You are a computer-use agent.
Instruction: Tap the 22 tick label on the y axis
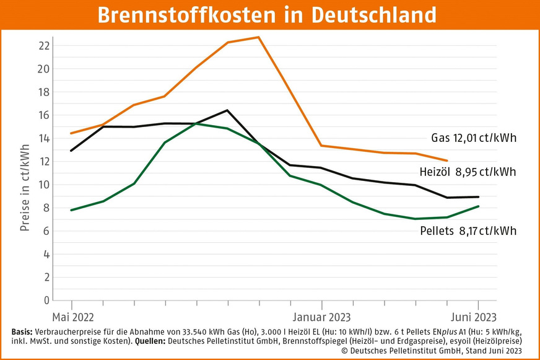[x=44, y=45]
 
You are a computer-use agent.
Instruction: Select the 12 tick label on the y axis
[x=44, y=161]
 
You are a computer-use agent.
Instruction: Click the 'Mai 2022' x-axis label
[x=72, y=317]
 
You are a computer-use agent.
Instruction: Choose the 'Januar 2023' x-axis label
[x=321, y=317]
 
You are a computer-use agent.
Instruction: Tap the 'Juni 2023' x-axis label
[x=475, y=317]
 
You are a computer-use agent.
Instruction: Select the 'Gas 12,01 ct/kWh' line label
[x=474, y=138]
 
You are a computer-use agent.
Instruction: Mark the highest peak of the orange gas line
[x=259, y=37]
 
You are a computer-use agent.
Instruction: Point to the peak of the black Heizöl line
[x=227, y=110]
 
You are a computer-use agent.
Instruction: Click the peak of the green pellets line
[x=196, y=123]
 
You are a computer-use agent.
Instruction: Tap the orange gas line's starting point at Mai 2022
[x=72, y=133]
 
